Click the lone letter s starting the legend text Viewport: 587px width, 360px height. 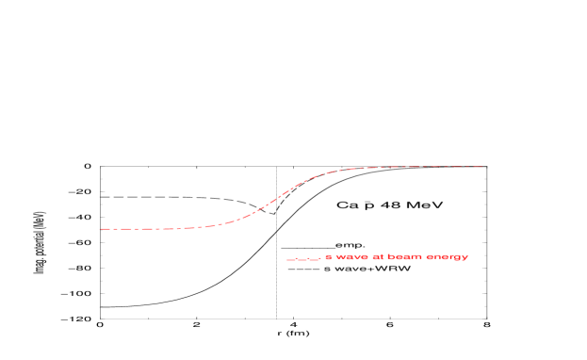328,256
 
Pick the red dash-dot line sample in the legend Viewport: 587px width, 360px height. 303,258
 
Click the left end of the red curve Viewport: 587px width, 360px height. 100,229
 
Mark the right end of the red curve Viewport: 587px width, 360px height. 481,167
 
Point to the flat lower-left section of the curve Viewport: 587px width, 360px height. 141,229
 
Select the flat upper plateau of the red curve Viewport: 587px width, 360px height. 424,167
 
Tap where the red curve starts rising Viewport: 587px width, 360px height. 212,225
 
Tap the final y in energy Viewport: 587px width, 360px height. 465,258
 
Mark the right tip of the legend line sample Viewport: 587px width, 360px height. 320,257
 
